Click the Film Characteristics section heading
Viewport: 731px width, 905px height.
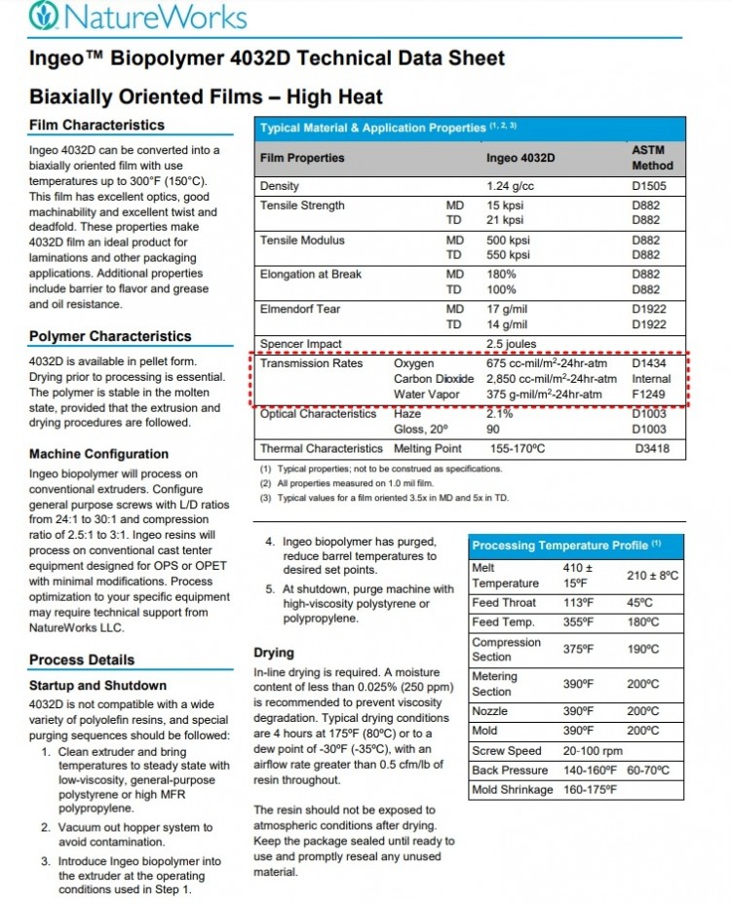pos(96,126)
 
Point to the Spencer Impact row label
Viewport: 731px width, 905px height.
pos(300,344)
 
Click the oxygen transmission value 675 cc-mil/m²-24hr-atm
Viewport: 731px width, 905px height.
pos(546,363)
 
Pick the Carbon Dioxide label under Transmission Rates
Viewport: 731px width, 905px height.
pos(434,379)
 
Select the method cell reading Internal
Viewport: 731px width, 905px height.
pos(651,379)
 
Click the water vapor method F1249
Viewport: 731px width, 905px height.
pos(647,395)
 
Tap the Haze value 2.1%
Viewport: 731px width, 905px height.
pos(500,414)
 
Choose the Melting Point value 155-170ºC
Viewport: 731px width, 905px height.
pos(519,448)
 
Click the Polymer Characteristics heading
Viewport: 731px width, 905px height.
pos(110,337)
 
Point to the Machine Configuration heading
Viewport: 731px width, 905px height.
pos(98,454)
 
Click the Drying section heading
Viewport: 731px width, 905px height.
pos(275,653)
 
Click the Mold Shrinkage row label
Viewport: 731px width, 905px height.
pos(512,789)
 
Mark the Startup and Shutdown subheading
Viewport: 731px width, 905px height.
pos(97,686)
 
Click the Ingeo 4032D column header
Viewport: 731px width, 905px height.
pos(519,158)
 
